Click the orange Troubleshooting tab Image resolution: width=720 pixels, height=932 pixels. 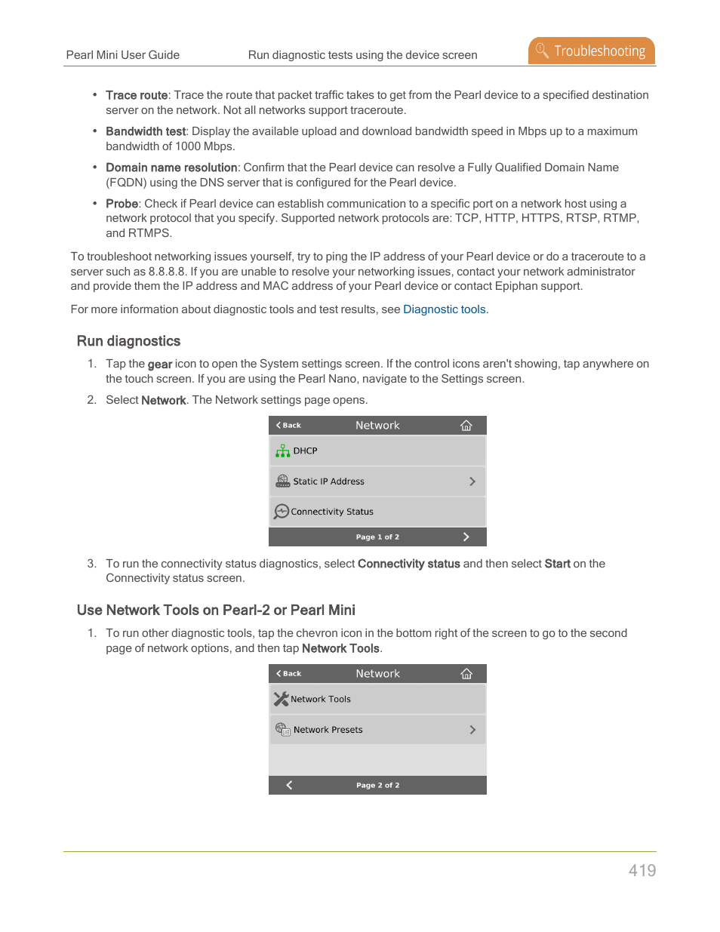(592, 51)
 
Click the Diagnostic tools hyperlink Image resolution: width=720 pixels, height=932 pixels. (445, 309)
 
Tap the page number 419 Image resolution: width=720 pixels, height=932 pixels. (642, 870)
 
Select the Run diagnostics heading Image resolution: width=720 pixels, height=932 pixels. (128, 341)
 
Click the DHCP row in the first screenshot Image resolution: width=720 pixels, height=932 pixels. (377, 451)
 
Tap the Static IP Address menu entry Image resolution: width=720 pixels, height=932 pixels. (377, 481)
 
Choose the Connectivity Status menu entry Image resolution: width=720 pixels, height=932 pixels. (377, 512)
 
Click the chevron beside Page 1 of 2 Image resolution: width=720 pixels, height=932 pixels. (466, 537)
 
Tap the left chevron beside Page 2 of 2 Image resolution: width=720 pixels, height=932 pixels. (289, 785)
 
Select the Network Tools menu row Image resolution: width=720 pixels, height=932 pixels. (377, 699)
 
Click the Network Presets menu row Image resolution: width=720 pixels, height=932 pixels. (377, 730)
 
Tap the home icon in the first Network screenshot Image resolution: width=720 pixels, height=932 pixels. (466, 426)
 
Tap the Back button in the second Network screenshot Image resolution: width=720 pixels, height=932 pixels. (288, 673)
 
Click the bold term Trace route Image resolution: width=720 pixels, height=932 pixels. (137, 95)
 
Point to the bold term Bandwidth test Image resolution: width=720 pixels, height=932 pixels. (146, 131)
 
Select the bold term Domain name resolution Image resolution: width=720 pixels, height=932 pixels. (171, 168)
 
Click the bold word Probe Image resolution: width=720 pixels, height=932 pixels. (122, 204)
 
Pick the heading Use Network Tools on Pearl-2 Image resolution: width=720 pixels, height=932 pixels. (216, 610)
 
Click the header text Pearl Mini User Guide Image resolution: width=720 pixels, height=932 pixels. (123, 55)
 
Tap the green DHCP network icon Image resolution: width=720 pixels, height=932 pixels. (282, 451)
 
